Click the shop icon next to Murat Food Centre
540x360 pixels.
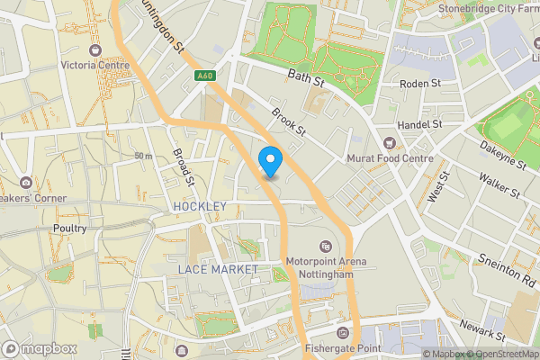390,143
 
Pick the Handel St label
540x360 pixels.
422,123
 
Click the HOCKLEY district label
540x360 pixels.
200,207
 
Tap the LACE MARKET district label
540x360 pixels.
218,269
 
